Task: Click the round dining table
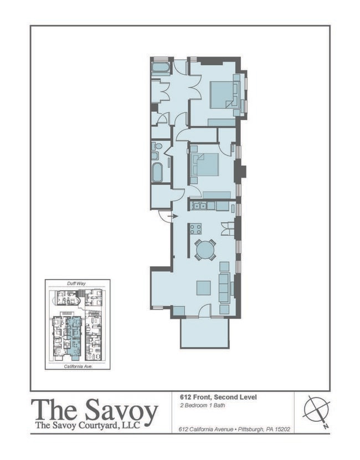[x=205, y=250]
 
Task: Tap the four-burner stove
[x=196, y=229]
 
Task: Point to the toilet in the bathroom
[x=159, y=147]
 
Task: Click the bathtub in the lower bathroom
[x=157, y=172]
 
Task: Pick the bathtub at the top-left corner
[x=161, y=68]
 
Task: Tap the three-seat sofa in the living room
[x=224, y=286]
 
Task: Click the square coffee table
[x=203, y=288]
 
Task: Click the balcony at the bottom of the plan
[x=204, y=332]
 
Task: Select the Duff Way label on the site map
[x=77, y=283]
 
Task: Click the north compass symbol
[x=317, y=411]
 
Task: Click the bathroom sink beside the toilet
[x=155, y=156]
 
